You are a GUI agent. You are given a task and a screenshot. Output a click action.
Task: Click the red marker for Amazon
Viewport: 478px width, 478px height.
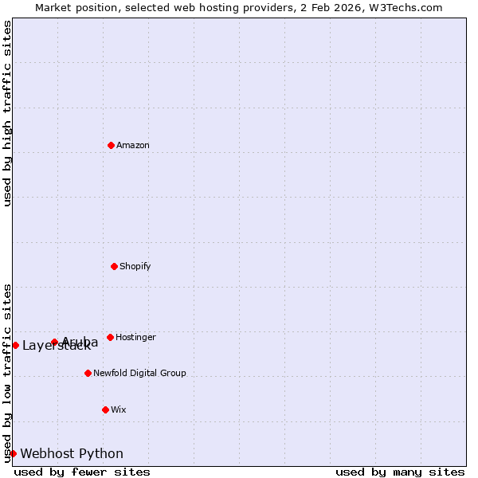coord(111,145)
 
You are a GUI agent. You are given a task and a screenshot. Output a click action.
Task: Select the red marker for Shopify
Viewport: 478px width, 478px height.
coord(114,266)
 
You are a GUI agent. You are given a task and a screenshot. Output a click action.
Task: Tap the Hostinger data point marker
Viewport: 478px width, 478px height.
coord(110,337)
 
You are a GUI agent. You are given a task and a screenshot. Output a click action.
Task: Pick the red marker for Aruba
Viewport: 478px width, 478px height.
coord(54,342)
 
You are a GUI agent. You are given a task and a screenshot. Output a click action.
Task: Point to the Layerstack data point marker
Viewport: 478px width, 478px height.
coord(15,345)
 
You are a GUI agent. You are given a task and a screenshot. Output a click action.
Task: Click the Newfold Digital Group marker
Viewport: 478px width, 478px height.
coord(88,373)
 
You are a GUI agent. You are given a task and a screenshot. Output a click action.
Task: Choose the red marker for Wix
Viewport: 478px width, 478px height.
coord(105,409)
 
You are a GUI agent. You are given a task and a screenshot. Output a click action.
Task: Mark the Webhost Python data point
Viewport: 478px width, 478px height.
coord(13,453)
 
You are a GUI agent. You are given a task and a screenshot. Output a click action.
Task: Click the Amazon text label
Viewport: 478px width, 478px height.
coord(133,145)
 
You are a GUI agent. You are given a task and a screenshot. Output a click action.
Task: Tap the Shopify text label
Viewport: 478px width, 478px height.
coord(135,266)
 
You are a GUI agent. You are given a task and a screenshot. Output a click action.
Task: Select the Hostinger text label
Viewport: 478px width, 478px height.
coord(135,337)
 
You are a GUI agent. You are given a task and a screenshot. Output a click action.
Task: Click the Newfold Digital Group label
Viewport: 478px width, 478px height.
coord(139,373)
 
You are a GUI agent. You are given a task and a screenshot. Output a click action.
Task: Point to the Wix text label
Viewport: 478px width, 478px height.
coord(119,409)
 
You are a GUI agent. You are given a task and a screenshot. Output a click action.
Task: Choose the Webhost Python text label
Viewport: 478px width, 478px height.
coord(72,453)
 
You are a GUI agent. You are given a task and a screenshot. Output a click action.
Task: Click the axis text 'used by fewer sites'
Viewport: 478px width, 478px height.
coord(82,472)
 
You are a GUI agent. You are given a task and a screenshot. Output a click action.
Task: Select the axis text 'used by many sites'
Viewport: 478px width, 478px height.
coord(400,472)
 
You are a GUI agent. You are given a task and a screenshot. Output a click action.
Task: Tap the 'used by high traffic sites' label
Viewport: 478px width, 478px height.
coord(7,113)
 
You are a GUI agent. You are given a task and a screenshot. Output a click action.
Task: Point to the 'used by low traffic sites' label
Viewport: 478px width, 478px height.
coord(7,372)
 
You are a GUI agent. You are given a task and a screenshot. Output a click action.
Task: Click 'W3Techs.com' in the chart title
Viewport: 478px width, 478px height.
coord(409,7)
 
